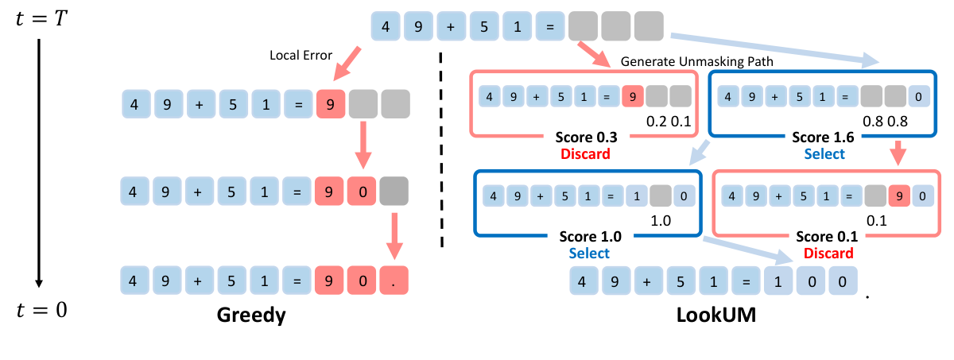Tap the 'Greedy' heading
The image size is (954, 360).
[x=251, y=316]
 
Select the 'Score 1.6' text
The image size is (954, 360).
[x=824, y=137]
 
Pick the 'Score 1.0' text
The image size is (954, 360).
[x=588, y=237]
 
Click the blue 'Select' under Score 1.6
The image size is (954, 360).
[x=824, y=154]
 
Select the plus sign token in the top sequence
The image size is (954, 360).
[x=452, y=27]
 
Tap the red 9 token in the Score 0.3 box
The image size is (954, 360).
[x=633, y=97]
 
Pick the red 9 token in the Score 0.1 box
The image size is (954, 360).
[x=897, y=195]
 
